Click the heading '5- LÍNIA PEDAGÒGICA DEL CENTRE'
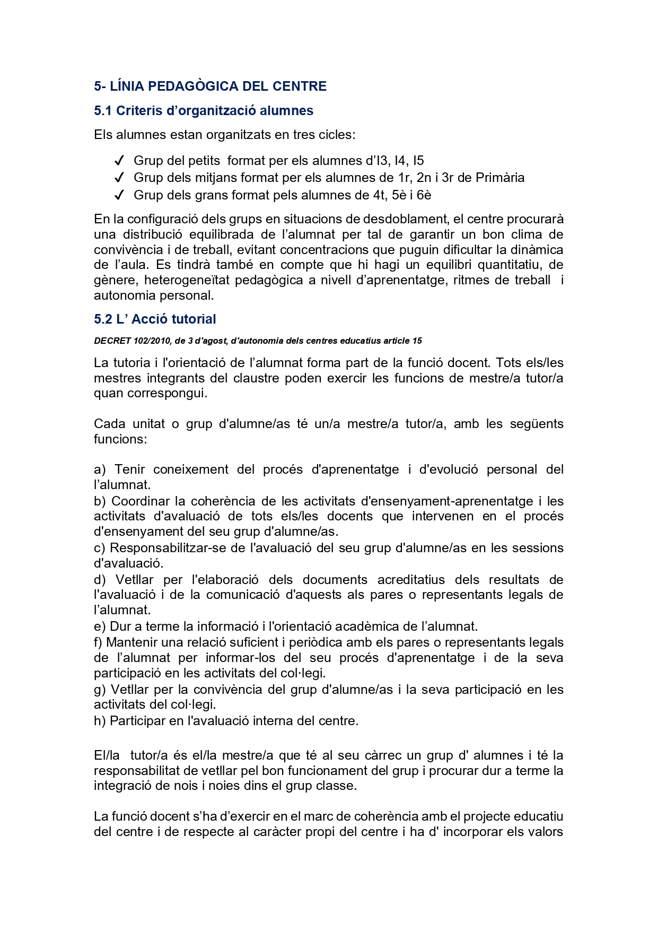tap(210, 86)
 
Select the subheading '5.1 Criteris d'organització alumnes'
tap(204, 111)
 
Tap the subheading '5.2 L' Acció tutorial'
tap(155, 319)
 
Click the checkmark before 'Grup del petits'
tap(119, 161)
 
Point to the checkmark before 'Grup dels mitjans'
tap(119, 178)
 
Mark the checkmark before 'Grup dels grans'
tap(119, 195)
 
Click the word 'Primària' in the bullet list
tap(500, 178)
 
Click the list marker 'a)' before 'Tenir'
tap(100, 469)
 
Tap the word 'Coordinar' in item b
tap(141, 501)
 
